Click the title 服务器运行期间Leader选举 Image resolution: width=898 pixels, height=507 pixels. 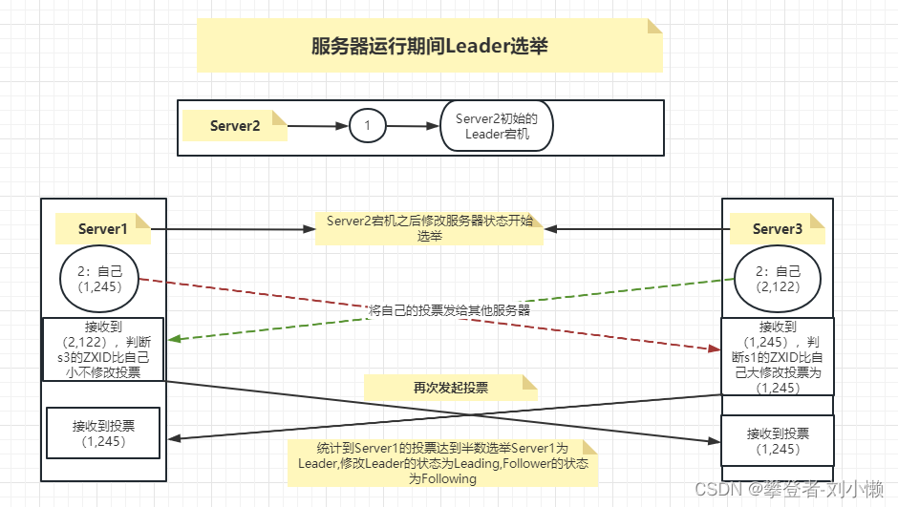[x=429, y=46]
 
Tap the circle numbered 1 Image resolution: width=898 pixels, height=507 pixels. [x=368, y=125]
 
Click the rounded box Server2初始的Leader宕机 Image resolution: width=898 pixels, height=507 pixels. [x=496, y=126]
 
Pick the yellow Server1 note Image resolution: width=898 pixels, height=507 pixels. [x=102, y=229]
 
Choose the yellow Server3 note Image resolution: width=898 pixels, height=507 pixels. [x=777, y=229]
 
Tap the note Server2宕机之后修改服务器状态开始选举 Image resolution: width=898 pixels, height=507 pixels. [x=430, y=228]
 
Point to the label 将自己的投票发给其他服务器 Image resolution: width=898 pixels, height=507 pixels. [x=449, y=310]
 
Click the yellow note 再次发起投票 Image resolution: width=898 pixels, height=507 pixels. [x=450, y=388]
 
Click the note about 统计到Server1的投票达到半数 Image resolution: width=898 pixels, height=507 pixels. [x=443, y=463]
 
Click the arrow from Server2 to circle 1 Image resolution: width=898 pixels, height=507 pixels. [x=318, y=126]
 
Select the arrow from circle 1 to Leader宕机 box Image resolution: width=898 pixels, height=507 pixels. [x=412, y=126]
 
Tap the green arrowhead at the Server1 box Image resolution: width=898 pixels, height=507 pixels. [x=173, y=339]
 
